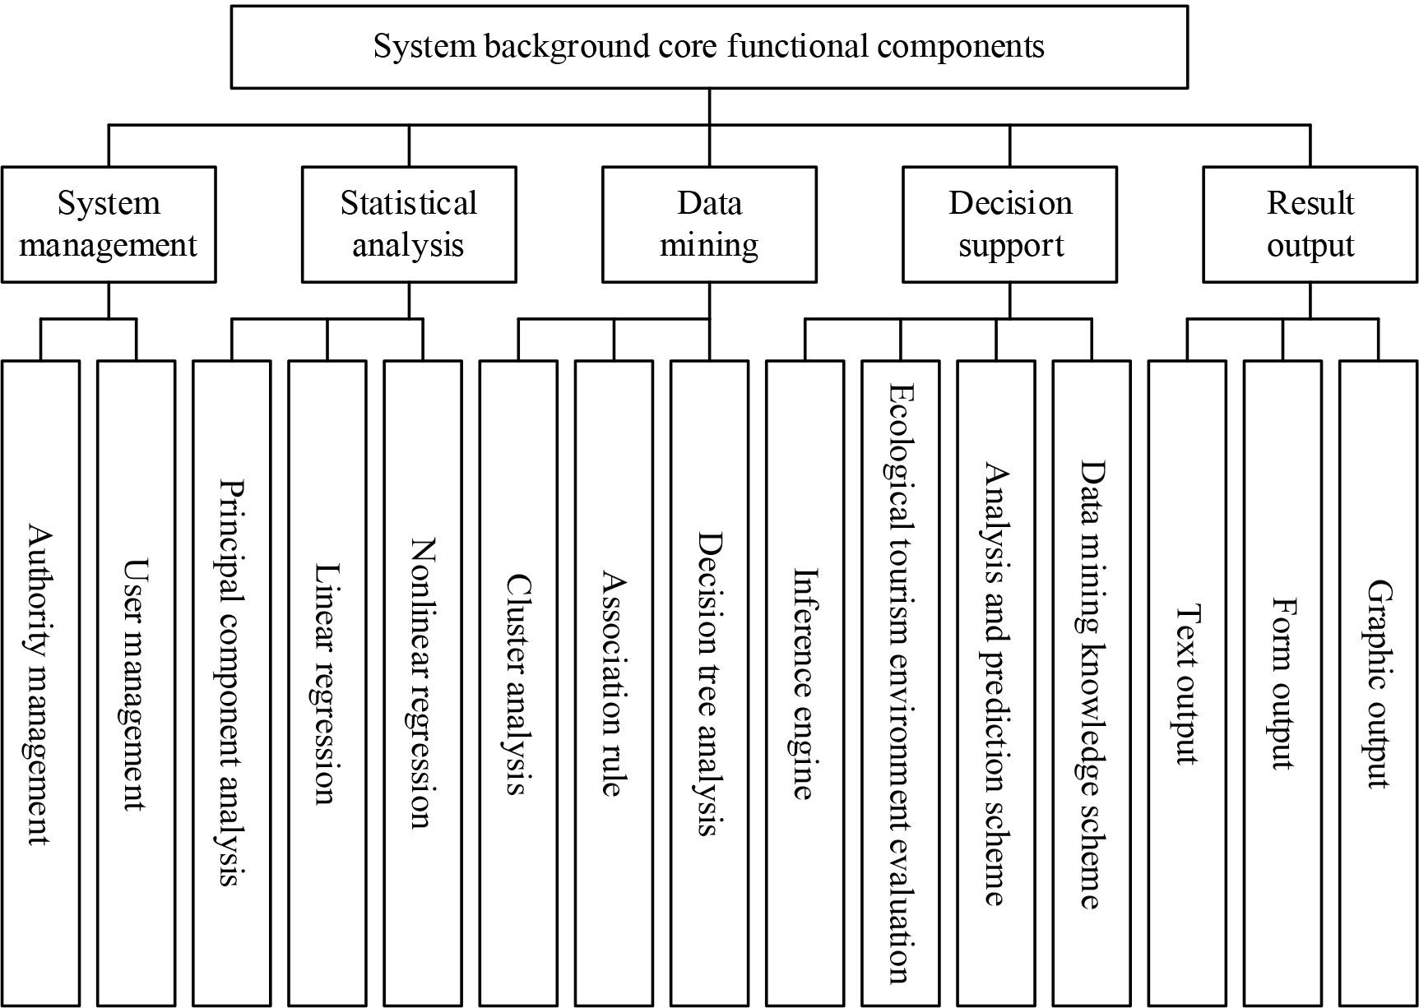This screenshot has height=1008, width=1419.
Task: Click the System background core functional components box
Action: coord(709,47)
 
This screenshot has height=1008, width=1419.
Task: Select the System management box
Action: coord(109,224)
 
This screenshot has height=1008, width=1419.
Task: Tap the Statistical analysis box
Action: coord(409,224)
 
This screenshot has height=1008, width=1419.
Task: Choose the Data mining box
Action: coord(709,224)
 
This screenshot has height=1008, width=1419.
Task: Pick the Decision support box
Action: coord(1010,224)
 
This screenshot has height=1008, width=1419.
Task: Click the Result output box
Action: coord(1310,224)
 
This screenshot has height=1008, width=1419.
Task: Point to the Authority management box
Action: coord(40,682)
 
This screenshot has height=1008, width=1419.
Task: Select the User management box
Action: coord(136,682)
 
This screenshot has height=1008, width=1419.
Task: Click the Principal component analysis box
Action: coord(232,682)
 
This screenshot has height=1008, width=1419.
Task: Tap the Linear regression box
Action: coord(327,682)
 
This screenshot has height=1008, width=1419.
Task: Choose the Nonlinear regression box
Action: coord(423,682)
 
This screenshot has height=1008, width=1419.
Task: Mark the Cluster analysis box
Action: coord(518,682)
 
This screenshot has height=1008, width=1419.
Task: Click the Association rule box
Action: coord(614,682)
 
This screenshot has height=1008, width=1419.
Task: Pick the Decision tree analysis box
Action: coord(709,682)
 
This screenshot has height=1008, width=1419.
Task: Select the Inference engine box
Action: coord(805,682)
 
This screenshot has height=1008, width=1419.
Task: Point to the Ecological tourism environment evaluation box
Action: coord(900,682)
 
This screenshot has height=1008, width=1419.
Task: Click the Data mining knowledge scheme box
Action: coord(1092,682)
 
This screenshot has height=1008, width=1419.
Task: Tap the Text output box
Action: coord(1187,682)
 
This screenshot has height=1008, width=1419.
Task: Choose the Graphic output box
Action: coord(1379,682)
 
